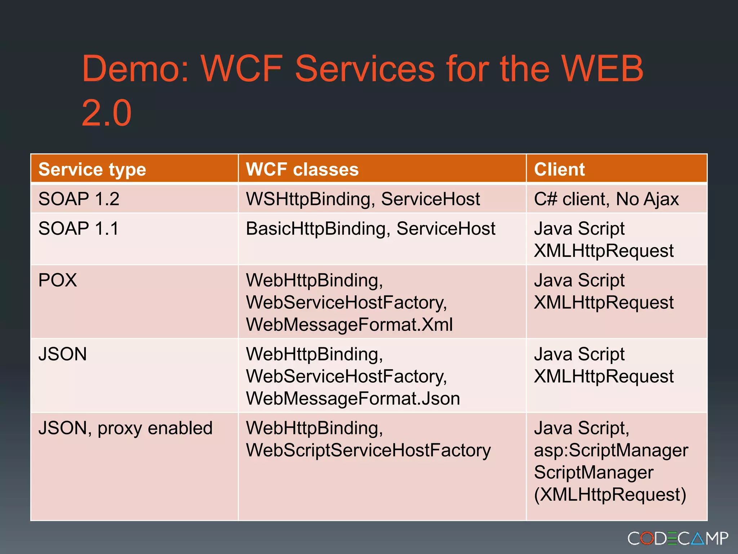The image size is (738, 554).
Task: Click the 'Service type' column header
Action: tap(92, 170)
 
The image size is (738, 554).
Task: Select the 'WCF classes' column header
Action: tap(302, 170)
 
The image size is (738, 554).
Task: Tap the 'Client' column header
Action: tap(559, 170)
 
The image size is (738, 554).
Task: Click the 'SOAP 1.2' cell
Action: tap(79, 199)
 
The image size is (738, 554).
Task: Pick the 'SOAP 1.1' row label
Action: tap(78, 229)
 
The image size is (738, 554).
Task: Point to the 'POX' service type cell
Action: tap(58, 280)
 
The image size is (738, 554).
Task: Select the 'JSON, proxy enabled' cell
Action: tap(125, 428)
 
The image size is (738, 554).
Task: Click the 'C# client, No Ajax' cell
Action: tap(606, 199)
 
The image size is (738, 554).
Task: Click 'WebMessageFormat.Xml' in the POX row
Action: tap(349, 325)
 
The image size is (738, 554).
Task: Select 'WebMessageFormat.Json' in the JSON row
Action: tap(353, 399)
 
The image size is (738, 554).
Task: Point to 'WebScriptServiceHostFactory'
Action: tap(368, 450)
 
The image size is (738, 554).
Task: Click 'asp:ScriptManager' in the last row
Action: tap(611, 450)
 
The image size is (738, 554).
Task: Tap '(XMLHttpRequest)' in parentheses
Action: tap(610, 494)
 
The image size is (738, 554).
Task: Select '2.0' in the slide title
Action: tap(106, 113)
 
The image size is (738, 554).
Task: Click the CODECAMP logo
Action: tap(677, 538)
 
